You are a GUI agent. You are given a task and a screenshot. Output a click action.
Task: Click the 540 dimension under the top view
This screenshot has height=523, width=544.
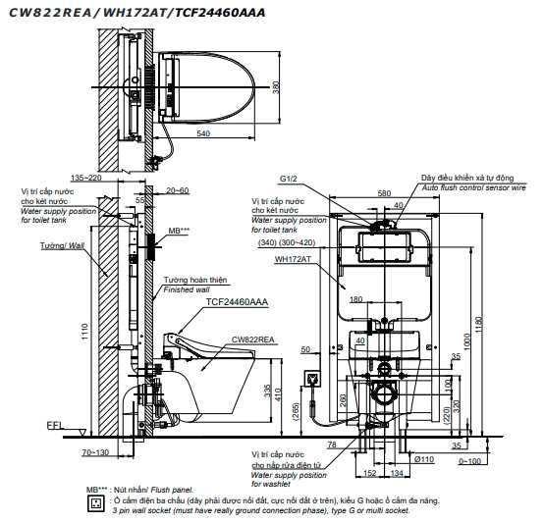(x=203, y=133)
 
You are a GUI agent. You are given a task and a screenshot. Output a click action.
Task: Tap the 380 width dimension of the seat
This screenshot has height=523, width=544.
(x=276, y=87)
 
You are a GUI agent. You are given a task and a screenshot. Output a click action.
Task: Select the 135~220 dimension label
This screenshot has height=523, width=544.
(x=86, y=178)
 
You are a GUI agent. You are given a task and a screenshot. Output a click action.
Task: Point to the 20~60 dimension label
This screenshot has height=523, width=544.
(x=178, y=190)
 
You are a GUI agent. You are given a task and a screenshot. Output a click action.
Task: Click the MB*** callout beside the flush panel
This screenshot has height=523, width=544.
(x=179, y=231)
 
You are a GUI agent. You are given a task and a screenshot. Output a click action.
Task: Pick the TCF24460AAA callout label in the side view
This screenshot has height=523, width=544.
(x=237, y=302)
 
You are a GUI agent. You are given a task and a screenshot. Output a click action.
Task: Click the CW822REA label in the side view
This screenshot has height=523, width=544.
(x=253, y=340)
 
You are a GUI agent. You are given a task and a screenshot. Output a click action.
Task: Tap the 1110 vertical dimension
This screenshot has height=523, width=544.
(x=85, y=332)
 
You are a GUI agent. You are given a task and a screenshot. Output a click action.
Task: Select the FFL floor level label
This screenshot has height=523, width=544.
(x=55, y=425)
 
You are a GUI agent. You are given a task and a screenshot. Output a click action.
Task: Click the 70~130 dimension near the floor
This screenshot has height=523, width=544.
(x=95, y=452)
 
